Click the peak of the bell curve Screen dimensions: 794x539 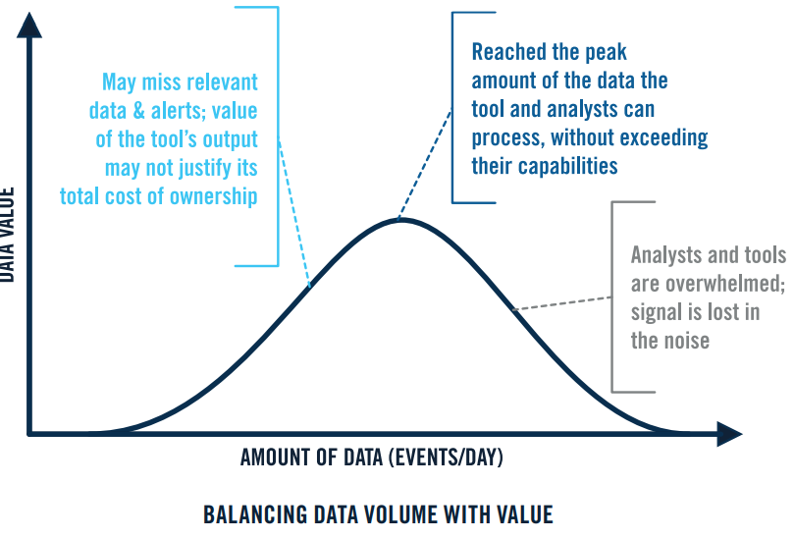pyautogui.click(x=398, y=220)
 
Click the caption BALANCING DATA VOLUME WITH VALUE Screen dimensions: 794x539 pyautogui.click(x=378, y=514)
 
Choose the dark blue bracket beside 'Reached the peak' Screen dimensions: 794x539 pyautogui.click(x=453, y=108)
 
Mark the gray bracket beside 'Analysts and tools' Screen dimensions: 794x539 pyautogui.click(x=613, y=295)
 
